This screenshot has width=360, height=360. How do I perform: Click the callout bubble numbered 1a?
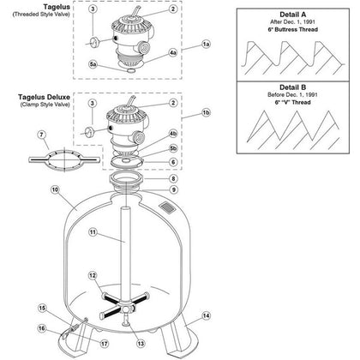[205, 42]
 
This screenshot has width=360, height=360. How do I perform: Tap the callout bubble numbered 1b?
[205, 112]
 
